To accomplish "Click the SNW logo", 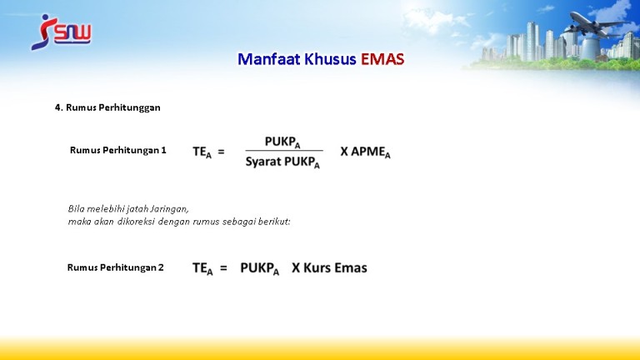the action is click(61, 32).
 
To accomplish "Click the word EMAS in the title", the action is click(382, 59).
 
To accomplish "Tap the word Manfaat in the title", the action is click(269, 59).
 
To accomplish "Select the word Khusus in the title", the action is click(331, 59).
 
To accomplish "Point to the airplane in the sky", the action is click(595, 24).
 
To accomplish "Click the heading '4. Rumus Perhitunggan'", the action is click(107, 107).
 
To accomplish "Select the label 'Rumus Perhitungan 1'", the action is click(118, 150).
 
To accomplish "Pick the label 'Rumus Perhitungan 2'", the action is click(116, 267).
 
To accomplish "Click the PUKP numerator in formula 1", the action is click(282, 142).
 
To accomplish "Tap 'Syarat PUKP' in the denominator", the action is click(282, 162).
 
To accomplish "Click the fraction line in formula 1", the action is click(284, 151).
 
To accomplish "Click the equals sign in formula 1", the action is click(221, 152).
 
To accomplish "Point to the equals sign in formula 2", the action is click(223, 268).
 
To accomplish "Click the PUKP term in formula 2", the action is click(260, 268).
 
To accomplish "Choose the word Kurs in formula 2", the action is click(317, 267).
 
